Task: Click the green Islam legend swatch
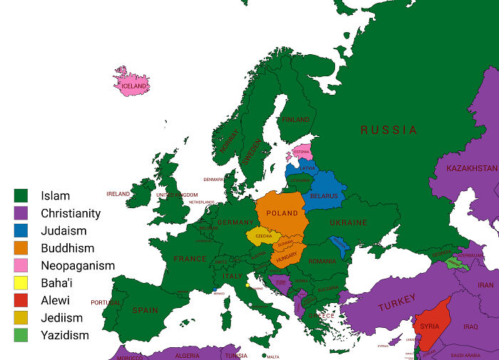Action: point(21,195)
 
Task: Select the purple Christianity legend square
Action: point(21,213)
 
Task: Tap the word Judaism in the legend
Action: point(63,230)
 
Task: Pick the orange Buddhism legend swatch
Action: point(21,248)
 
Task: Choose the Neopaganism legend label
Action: point(78,265)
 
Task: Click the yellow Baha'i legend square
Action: point(21,283)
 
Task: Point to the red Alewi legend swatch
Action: point(21,300)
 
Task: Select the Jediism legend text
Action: point(62,318)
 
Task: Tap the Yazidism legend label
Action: point(65,335)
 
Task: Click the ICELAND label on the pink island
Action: point(133,86)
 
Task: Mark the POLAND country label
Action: point(282,213)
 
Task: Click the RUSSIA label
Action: point(389,130)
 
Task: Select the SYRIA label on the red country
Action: point(429,326)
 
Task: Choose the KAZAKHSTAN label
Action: point(472,168)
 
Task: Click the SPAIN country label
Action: point(145,310)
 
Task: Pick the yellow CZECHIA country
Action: point(263,236)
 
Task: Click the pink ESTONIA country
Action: point(302,152)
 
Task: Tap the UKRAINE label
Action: point(348,222)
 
